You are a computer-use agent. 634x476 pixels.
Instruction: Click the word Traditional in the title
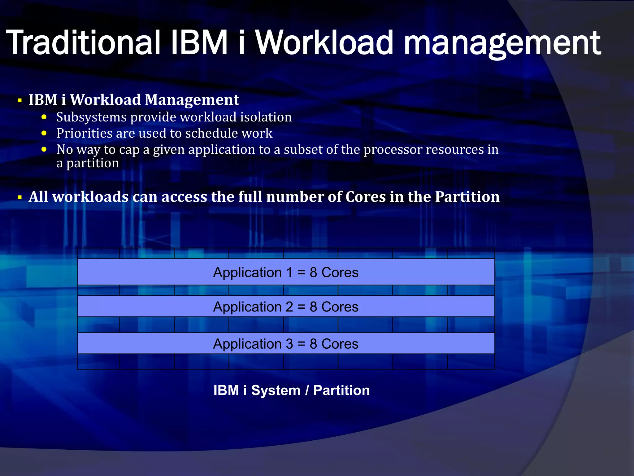(83, 42)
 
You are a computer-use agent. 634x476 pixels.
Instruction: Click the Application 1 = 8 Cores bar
(286, 272)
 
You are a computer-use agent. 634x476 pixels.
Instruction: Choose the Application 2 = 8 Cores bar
(286, 307)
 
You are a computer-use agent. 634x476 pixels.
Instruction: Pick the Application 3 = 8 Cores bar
(286, 344)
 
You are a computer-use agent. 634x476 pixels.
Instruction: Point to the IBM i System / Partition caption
(292, 390)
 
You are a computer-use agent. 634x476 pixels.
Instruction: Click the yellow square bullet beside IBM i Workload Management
(20, 100)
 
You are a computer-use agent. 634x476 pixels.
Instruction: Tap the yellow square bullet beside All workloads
(20, 197)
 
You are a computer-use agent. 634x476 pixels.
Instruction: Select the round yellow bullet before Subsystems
(44, 117)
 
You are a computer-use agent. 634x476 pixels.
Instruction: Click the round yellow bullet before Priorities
(44, 133)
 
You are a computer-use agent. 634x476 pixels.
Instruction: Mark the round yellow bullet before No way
(44, 149)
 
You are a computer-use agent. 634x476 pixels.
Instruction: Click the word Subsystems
(91, 117)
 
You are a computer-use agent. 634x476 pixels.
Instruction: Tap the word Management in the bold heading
(192, 100)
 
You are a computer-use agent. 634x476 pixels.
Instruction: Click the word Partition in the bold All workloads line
(467, 197)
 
